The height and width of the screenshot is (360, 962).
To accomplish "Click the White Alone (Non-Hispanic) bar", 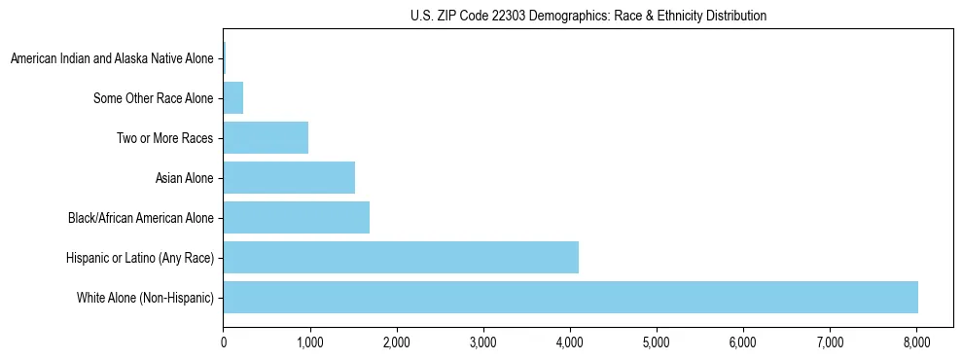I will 570,297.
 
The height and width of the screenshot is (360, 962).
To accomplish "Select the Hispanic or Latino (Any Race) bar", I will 401,257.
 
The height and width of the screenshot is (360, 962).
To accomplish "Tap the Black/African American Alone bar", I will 296,217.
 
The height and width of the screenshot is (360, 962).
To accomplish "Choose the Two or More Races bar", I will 266,138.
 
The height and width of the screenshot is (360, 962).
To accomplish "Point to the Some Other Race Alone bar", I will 232,98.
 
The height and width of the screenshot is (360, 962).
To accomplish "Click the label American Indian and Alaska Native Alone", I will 112,59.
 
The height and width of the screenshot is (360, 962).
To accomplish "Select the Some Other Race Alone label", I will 154,98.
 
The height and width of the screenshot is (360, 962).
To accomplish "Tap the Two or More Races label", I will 165,138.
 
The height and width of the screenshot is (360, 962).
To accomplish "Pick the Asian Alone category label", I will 185,178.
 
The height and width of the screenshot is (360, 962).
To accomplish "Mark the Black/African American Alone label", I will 141,218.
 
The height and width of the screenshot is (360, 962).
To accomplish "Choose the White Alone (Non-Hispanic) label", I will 145,297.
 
